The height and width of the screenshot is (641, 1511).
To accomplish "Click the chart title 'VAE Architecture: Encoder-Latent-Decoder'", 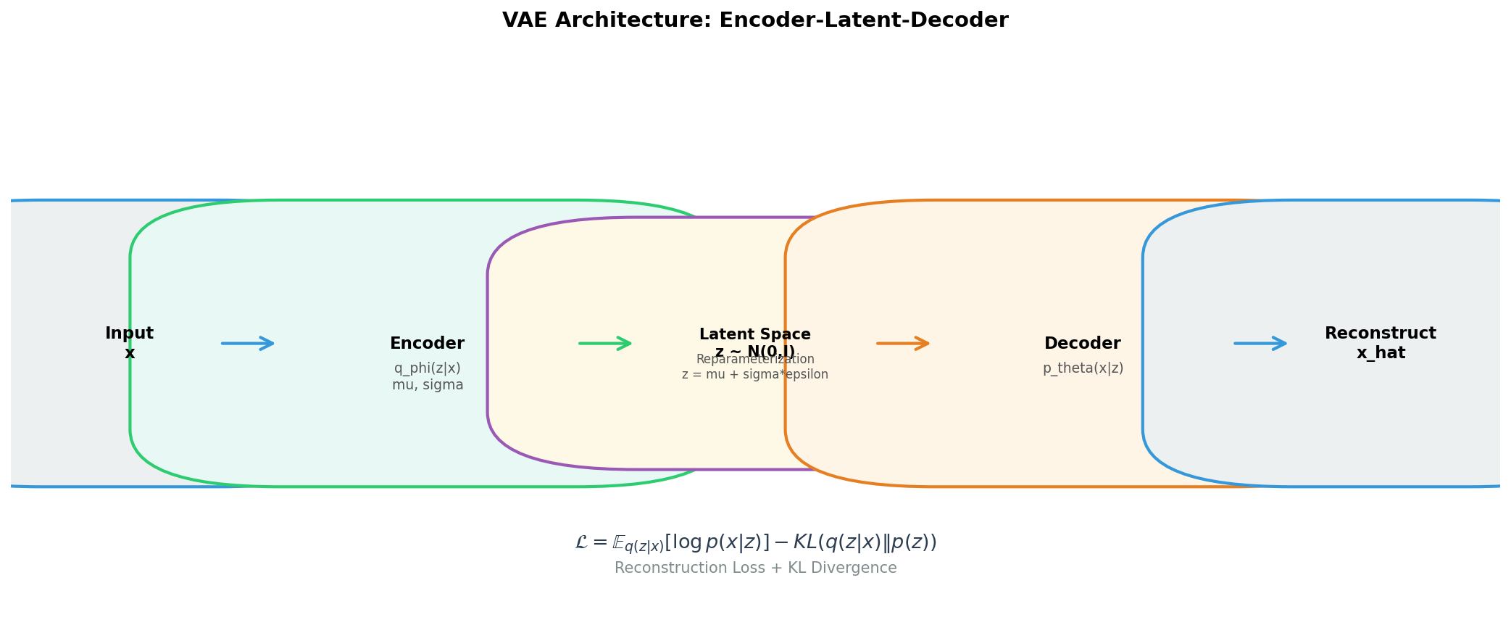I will tap(755, 20).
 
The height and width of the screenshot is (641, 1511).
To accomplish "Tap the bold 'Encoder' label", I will tap(427, 344).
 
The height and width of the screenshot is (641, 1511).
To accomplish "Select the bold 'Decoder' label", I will tap(1082, 344).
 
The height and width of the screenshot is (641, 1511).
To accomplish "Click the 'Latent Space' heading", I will tap(755, 334).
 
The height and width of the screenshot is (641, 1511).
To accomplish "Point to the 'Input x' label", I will tap(129, 343).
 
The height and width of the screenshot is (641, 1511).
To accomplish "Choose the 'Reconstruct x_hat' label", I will tap(1380, 343).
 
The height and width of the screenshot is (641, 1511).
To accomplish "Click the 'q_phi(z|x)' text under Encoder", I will tap(427, 368).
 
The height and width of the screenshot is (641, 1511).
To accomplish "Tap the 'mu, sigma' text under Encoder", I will tap(428, 385).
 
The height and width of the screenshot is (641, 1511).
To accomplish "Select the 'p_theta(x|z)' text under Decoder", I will tap(1083, 368).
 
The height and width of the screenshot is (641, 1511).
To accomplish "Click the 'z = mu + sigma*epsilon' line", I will tap(754, 375).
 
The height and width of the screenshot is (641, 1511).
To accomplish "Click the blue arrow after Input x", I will tap(248, 343).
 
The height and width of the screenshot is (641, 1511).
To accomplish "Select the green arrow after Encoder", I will tap(605, 343).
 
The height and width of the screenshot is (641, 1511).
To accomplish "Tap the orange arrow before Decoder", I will tap(903, 343).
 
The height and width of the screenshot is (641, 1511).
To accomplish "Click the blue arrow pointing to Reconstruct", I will tap(1260, 343).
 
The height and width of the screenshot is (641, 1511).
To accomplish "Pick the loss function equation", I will tap(755, 542).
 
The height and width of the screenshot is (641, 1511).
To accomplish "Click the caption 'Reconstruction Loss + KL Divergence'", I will tap(755, 568).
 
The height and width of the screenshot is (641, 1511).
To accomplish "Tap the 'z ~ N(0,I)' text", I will tap(755, 352).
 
